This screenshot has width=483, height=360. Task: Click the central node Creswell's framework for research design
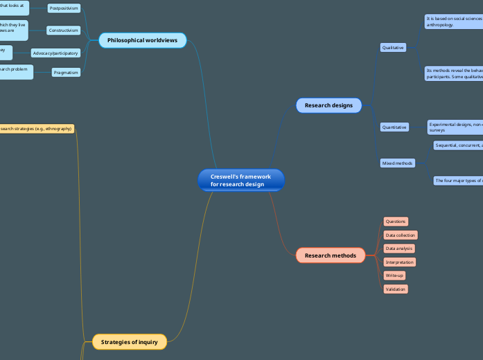click(x=241, y=180)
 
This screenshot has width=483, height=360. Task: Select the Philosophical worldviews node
click(x=143, y=40)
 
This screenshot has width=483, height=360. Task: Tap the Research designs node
click(x=329, y=105)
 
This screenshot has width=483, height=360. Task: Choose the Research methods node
click(x=331, y=255)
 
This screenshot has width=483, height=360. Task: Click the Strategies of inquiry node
click(x=130, y=341)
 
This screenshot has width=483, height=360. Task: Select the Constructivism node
click(x=64, y=30)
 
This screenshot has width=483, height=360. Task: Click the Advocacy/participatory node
click(x=56, y=53)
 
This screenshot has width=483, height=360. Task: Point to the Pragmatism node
click(x=67, y=72)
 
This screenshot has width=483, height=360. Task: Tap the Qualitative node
click(x=393, y=48)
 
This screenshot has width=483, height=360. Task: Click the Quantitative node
click(x=394, y=127)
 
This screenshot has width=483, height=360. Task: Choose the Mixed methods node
click(x=397, y=163)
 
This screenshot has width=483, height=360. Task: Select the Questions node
click(x=396, y=222)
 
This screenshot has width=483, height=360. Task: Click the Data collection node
click(x=401, y=235)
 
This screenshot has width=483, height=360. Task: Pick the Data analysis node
click(x=399, y=248)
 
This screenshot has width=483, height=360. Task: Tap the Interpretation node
click(x=400, y=262)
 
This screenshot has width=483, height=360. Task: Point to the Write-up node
click(x=394, y=275)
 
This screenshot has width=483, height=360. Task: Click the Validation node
click(x=396, y=289)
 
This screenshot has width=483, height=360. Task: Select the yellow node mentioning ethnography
click(x=36, y=128)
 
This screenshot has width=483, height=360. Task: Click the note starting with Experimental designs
click(x=455, y=127)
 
